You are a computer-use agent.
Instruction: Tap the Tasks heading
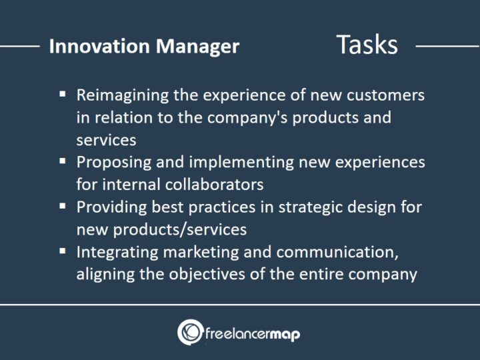coord(367,45)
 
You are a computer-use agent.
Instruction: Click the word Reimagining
coord(124,95)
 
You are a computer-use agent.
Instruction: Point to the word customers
coord(389,95)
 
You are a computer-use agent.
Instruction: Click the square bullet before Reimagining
coord(62,95)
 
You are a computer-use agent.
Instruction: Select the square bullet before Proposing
coord(62,162)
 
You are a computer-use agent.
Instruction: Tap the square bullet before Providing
coord(62,206)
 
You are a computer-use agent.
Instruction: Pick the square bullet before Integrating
coord(62,251)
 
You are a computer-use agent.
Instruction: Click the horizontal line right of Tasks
coord(447,47)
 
